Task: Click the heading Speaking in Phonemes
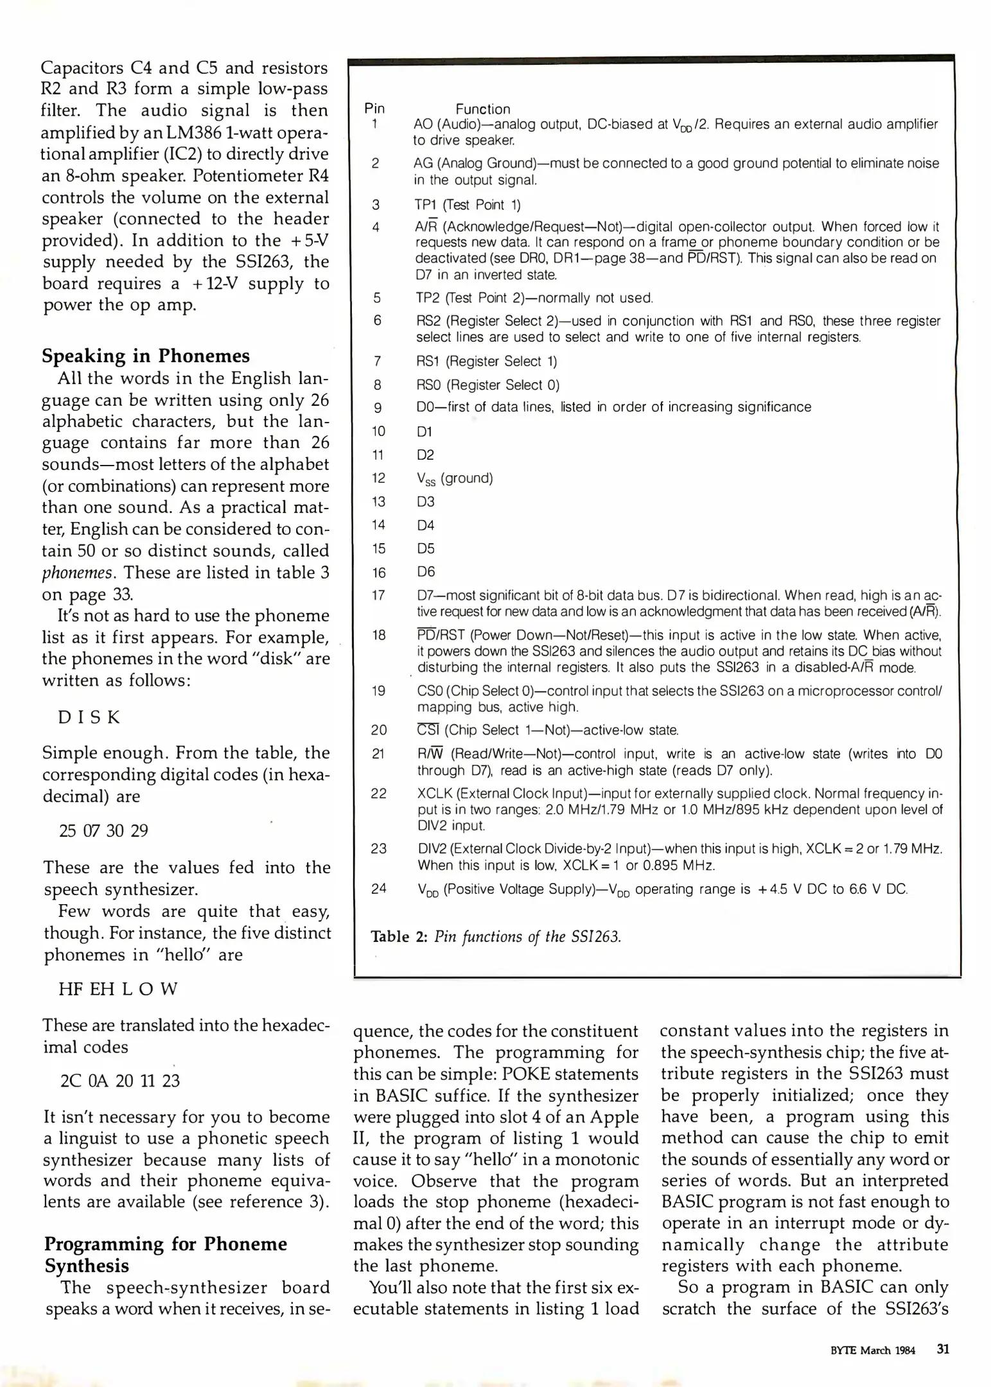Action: (146, 356)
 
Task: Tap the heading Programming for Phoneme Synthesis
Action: (165, 1255)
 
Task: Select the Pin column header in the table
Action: (374, 109)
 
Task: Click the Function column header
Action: (482, 109)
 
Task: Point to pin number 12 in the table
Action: (378, 478)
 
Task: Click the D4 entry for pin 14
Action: (425, 525)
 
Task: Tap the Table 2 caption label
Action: (399, 936)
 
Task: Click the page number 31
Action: (943, 1348)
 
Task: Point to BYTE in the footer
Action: (843, 1350)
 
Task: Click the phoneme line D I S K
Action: (89, 717)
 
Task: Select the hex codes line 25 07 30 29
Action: (103, 830)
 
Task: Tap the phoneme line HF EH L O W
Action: (118, 988)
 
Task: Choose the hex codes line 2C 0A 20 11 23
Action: (120, 1081)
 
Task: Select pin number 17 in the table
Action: (378, 595)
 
